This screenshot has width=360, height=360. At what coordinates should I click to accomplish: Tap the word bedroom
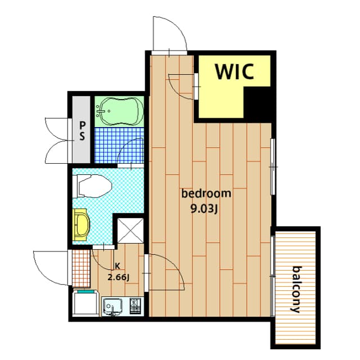pyautogui.click(x=206, y=194)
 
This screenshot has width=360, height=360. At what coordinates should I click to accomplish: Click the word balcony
pyautogui.click(x=296, y=289)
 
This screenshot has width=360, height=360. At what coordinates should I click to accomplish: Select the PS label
pyautogui.click(x=82, y=130)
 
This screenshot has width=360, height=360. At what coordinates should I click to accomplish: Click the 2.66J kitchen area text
pyautogui.click(x=119, y=276)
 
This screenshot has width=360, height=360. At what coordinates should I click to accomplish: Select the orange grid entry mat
pyautogui.click(x=80, y=268)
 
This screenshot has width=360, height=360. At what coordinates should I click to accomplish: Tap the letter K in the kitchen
pyautogui.click(x=118, y=266)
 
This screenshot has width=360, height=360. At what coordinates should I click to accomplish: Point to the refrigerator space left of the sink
pyautogui.click(x=87, y=305)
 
